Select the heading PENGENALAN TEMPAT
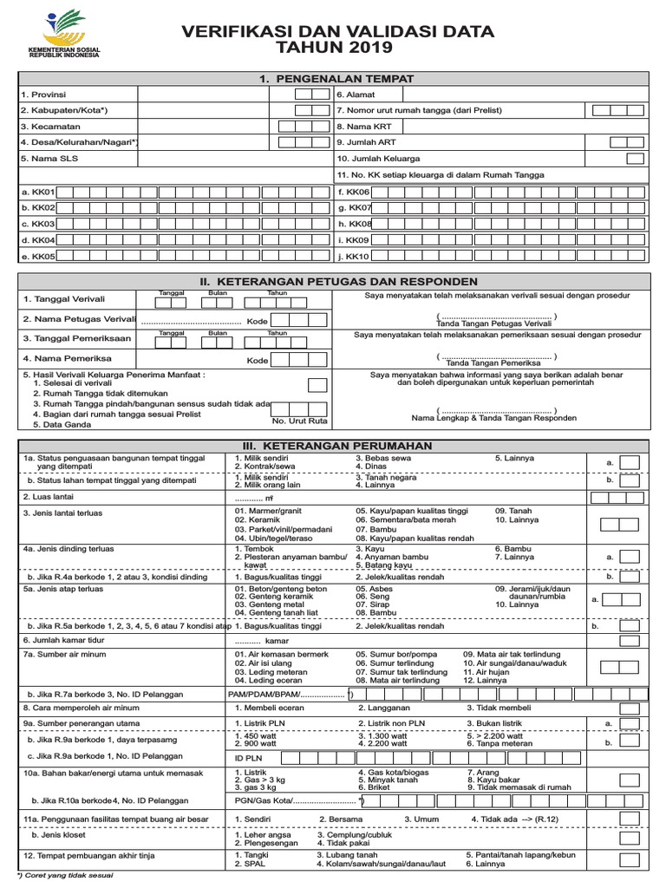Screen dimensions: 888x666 pos(337,79)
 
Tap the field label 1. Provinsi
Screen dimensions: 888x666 pos(43,94)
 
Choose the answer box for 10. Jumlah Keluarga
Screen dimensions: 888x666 pos(635,159)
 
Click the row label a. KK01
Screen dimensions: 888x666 pos(38,192)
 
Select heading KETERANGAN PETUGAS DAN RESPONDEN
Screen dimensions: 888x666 pos(338,282)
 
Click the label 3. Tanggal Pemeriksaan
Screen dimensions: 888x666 pos(77,338)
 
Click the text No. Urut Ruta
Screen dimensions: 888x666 pos(299,421)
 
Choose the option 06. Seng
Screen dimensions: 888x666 pos(372,597)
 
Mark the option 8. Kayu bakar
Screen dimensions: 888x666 pos(494,780)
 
